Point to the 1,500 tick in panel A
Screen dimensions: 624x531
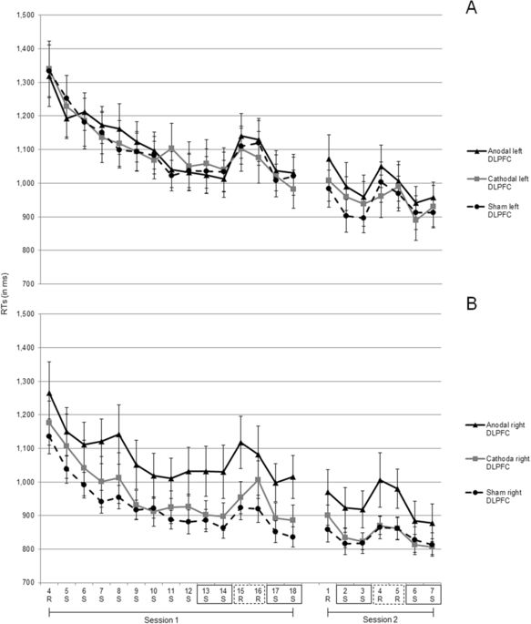point(21,15)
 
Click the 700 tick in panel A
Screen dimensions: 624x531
point(26,283)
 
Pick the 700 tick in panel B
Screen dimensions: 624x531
point(26,581)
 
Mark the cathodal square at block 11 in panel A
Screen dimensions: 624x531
point(170,148)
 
